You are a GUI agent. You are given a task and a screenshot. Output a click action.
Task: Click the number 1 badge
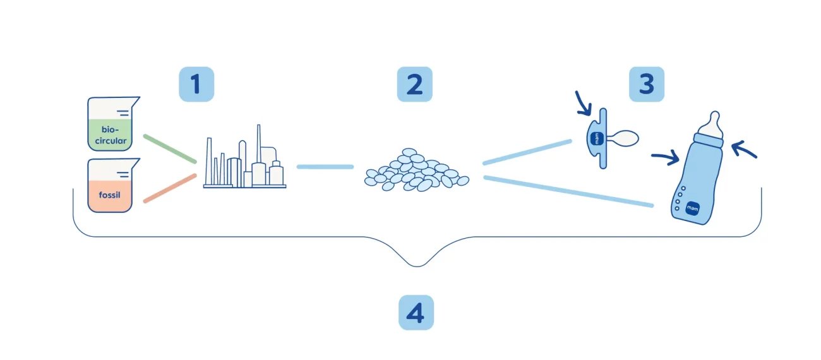196,84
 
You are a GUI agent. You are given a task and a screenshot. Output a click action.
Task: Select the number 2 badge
414,84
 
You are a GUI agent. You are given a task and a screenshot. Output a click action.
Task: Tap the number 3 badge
647,84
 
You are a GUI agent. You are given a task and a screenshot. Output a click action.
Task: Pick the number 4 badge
416,313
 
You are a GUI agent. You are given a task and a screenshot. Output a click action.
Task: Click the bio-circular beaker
112,124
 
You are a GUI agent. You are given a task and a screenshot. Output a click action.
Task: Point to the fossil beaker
112,185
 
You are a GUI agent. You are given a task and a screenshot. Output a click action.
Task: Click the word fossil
109,195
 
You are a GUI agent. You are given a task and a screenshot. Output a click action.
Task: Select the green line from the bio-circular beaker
170,148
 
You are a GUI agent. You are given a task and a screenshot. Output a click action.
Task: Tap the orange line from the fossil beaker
170,188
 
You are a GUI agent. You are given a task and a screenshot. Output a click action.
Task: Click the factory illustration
244,157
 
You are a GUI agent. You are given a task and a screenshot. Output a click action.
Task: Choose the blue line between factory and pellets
325,167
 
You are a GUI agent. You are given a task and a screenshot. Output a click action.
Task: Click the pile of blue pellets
417,170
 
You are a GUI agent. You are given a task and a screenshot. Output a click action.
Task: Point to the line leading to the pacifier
527,152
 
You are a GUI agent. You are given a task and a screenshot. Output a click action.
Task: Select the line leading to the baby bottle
568,191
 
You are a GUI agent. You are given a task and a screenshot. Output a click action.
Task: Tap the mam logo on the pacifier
597,138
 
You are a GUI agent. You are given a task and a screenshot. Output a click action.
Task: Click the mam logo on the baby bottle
692,208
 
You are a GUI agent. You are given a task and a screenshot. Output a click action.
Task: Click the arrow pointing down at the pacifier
583,104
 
